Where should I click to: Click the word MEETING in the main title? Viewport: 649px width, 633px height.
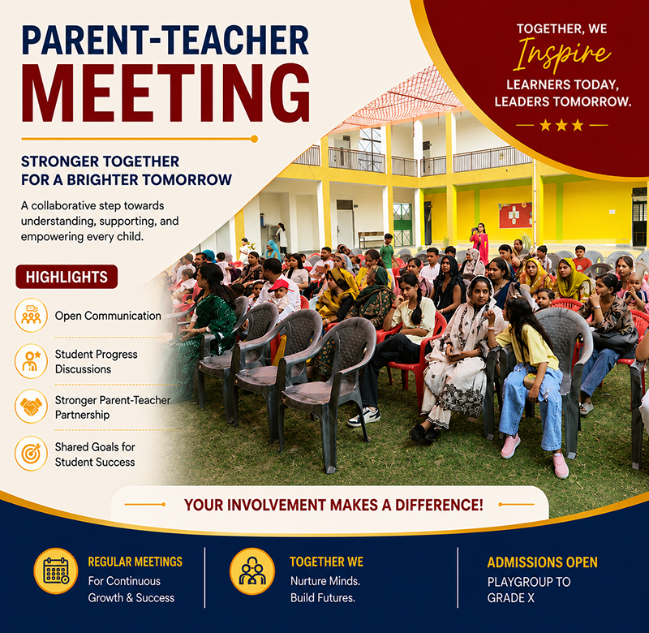point(165,93)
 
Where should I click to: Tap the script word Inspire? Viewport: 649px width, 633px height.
point(562,54)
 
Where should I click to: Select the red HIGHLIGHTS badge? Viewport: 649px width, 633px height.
point(67,277)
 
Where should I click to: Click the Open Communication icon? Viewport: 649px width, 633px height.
point(31,315)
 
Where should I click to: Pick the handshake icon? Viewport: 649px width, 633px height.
point(31,406)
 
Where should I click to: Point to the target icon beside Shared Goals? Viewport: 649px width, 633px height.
point(31,454)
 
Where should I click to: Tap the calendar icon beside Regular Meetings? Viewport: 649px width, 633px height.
point(56,571)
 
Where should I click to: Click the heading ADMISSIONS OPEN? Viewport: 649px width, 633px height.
point(542,562)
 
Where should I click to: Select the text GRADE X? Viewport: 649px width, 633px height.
point(511,598)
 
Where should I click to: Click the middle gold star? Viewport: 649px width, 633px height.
point(561,125)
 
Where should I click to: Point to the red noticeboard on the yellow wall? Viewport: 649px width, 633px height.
point(515,215)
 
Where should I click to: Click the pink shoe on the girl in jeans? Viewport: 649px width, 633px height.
point(510,446)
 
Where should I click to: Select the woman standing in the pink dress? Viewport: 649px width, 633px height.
point(480,242)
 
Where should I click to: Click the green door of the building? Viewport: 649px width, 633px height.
point(402,225)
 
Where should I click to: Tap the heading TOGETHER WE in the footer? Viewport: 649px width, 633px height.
point(327,562)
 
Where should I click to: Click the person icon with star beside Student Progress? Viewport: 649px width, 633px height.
point(31,361)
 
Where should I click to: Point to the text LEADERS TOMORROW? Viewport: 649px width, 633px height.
point(563,101)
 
